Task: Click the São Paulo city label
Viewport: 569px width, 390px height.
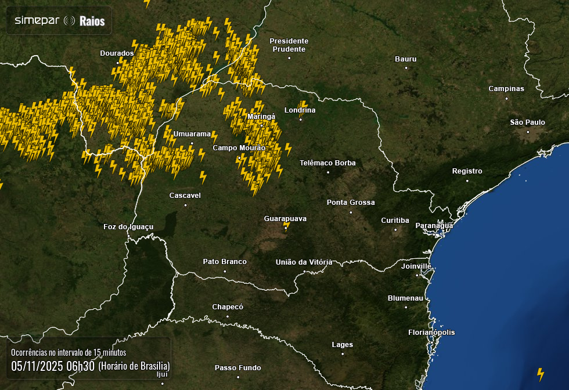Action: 527,122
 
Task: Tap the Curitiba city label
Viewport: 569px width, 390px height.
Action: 395,221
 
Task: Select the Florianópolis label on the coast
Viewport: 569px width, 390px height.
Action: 431,333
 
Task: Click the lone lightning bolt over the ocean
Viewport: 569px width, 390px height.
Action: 541,374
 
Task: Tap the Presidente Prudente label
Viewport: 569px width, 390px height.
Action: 289,45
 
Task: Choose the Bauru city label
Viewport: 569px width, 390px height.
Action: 405,59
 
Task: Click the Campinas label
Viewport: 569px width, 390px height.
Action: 506,89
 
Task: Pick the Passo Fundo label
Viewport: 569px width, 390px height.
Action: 237,368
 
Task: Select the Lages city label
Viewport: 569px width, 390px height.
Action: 342,345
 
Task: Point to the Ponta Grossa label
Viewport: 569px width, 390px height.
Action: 351,203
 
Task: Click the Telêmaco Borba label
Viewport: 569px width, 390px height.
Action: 327,163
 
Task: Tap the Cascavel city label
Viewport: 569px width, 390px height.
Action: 185,196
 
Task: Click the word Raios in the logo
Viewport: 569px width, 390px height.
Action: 92,21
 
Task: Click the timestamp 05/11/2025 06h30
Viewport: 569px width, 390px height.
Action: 52,366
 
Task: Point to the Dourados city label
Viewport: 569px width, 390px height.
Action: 117,53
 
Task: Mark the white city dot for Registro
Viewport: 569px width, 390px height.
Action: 467,180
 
